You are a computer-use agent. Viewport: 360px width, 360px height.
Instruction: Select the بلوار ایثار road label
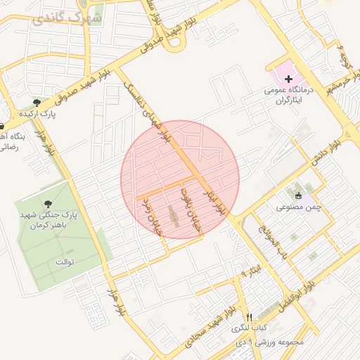pos(214,200)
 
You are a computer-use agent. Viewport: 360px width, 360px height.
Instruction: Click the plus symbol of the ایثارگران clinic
pos(288,79)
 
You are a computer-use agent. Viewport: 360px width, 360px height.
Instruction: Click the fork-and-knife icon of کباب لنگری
pos(249,317)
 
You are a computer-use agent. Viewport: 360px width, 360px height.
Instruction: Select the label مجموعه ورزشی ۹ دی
pos(271,342)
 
